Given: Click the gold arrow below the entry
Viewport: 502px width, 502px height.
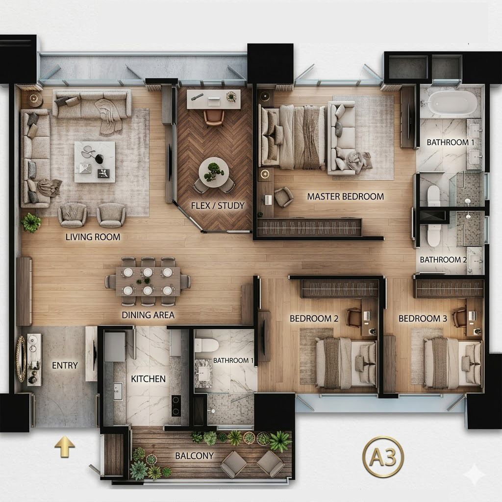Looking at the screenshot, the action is [64, 446].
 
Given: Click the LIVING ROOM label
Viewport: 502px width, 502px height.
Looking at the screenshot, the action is [93, 237].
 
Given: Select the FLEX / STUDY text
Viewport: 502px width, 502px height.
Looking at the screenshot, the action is [218, 205].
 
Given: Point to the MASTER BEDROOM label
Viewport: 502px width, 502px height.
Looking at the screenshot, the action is [346, 196].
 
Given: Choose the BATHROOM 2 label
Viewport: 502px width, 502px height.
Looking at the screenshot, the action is [443, 260].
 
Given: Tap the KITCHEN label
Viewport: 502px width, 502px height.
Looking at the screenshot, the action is [148, 379].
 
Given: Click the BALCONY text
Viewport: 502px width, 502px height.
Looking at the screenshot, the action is [194, 455].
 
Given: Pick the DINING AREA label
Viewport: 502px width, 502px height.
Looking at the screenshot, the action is [148, 315].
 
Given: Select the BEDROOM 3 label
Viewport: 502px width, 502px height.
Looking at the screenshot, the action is [423, 319].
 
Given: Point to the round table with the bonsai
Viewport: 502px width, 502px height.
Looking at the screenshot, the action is [214, 173].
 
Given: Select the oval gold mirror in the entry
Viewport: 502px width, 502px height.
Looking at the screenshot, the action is [21, 359].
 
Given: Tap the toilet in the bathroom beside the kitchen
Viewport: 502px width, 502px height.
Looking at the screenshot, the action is [206, 346].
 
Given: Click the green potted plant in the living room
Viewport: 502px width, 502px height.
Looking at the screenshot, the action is [31, 222].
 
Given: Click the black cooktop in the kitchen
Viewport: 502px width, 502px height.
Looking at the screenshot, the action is [176, 405].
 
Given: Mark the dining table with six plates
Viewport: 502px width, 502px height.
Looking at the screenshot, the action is [148, 281].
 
